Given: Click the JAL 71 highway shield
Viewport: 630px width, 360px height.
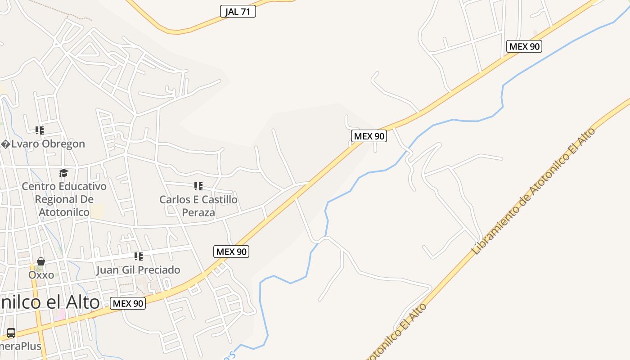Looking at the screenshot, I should [x=238, y=12].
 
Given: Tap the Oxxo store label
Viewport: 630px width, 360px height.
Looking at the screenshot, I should [x=41, y=275].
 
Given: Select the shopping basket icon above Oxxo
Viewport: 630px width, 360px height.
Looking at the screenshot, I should [x=41, y=261].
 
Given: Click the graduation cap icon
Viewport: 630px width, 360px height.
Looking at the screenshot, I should [x=64, y=173].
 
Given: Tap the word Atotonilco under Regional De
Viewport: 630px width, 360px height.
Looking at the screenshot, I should [x=64, y=212].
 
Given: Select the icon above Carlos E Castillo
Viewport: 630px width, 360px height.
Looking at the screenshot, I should [x=198, y=186].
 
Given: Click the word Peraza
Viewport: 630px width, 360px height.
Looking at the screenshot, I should [x=198, y=212].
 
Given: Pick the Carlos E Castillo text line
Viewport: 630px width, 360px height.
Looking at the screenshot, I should [x=198, y=199].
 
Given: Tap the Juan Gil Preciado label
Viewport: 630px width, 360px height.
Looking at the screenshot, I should [x=138, y=270].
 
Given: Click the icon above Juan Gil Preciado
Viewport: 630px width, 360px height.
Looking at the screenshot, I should [x=139, y=256].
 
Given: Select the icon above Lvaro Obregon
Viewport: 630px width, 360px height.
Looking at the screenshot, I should [x=40, y=130].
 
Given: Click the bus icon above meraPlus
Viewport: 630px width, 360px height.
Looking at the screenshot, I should [x=11, y=333].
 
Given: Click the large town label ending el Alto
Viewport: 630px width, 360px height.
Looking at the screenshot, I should [x=49, y=302].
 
